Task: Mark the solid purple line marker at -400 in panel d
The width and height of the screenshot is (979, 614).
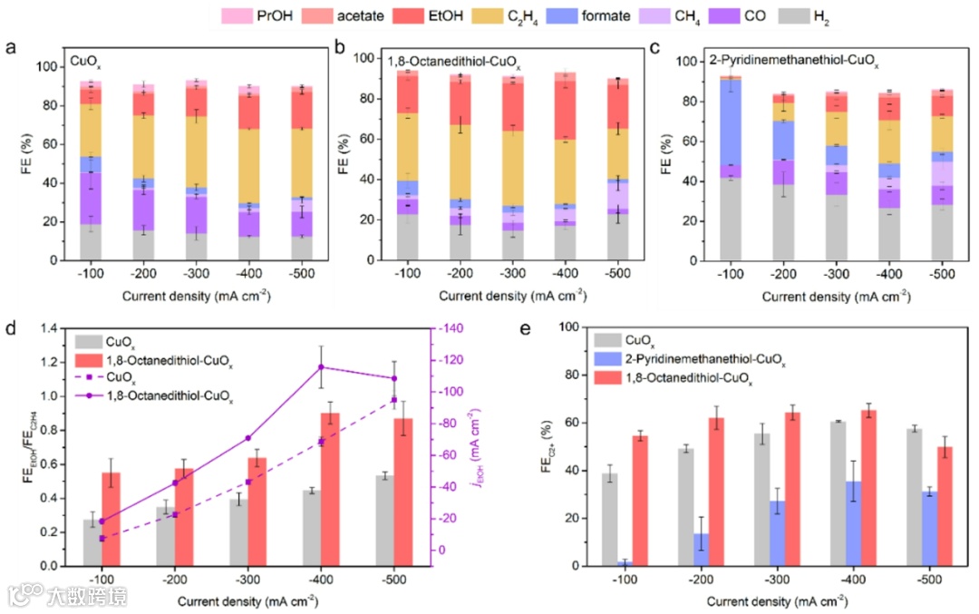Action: [x=320, y=367]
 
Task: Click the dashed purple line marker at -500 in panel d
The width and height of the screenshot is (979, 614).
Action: [x=393, y=399]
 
